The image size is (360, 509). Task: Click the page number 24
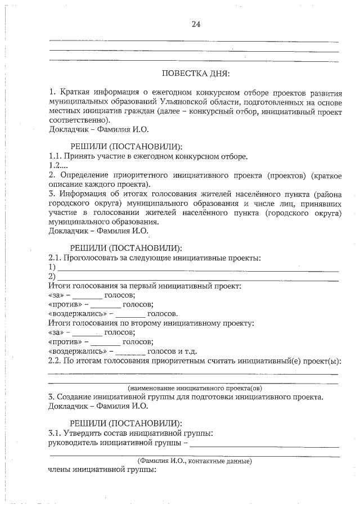(196, 24)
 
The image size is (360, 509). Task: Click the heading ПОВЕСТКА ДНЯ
(196, 73)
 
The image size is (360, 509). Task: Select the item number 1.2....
(58, 166)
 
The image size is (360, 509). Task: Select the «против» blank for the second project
(106, 341)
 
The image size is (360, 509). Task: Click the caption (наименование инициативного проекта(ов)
(194, 388)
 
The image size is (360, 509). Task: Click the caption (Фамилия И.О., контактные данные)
(194, 461)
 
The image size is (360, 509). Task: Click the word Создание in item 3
(76, 397)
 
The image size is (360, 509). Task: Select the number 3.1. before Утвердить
(57, 433)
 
